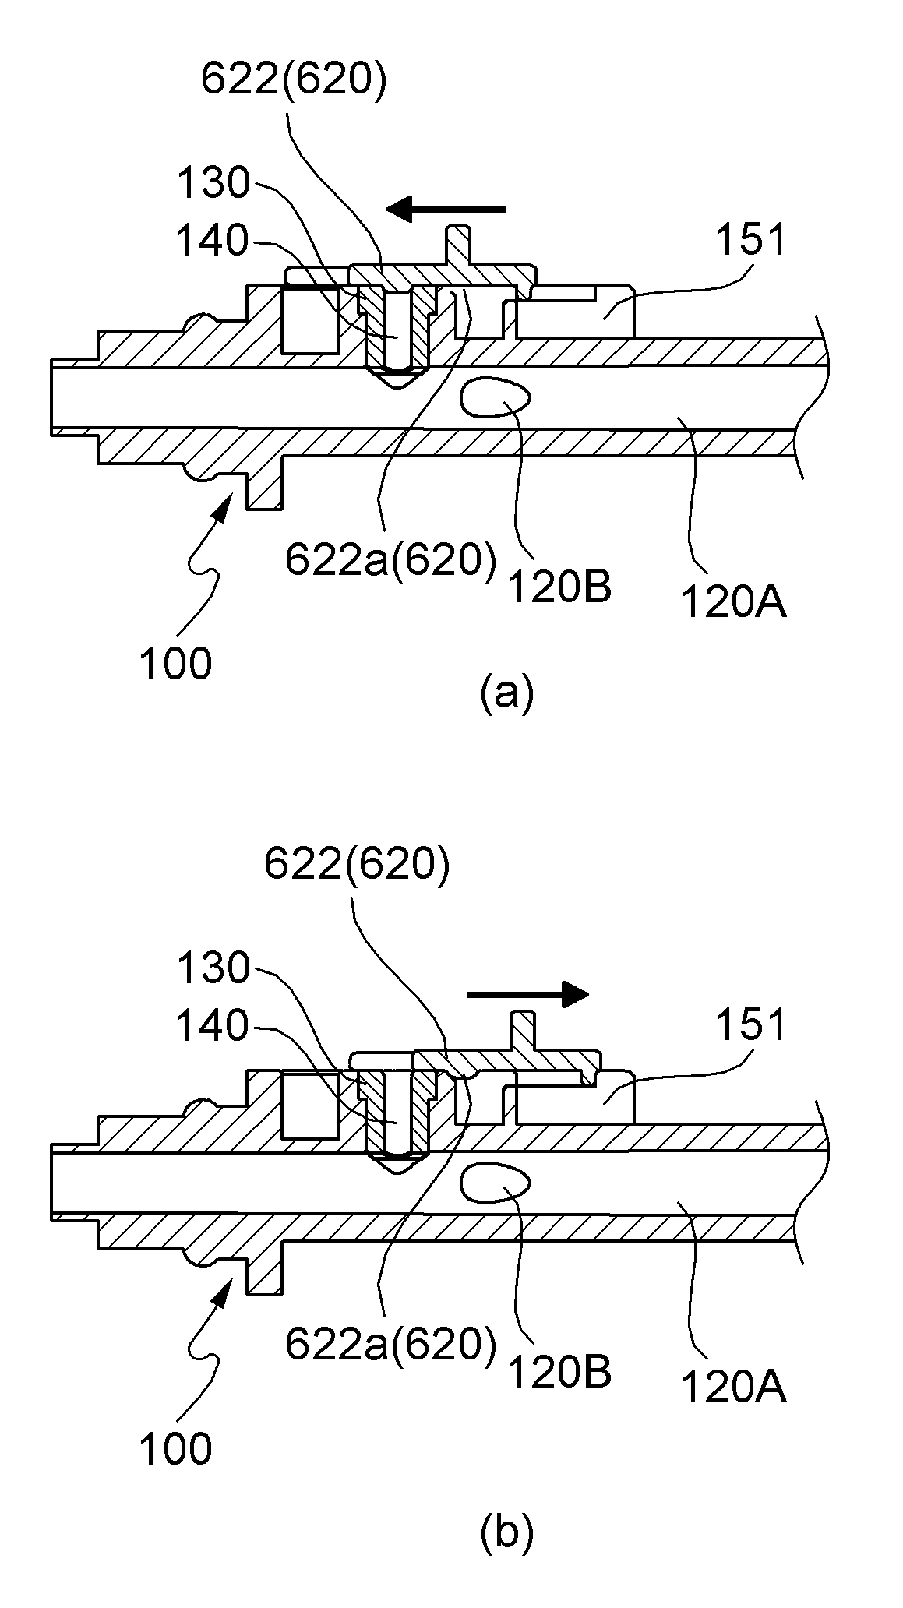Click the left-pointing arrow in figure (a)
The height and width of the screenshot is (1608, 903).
click(446, 209)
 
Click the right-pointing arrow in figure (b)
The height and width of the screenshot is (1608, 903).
click(527, 993)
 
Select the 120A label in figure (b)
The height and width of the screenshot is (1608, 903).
click(734, 1388)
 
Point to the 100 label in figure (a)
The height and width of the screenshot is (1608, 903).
click(175, 665)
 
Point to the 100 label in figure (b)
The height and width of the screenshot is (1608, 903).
click(175, 1449)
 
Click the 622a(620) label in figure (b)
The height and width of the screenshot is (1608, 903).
click(390, 1345)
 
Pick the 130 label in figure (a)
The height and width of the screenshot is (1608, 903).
click(213, 185)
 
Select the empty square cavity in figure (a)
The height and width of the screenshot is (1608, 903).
click(310, 319)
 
